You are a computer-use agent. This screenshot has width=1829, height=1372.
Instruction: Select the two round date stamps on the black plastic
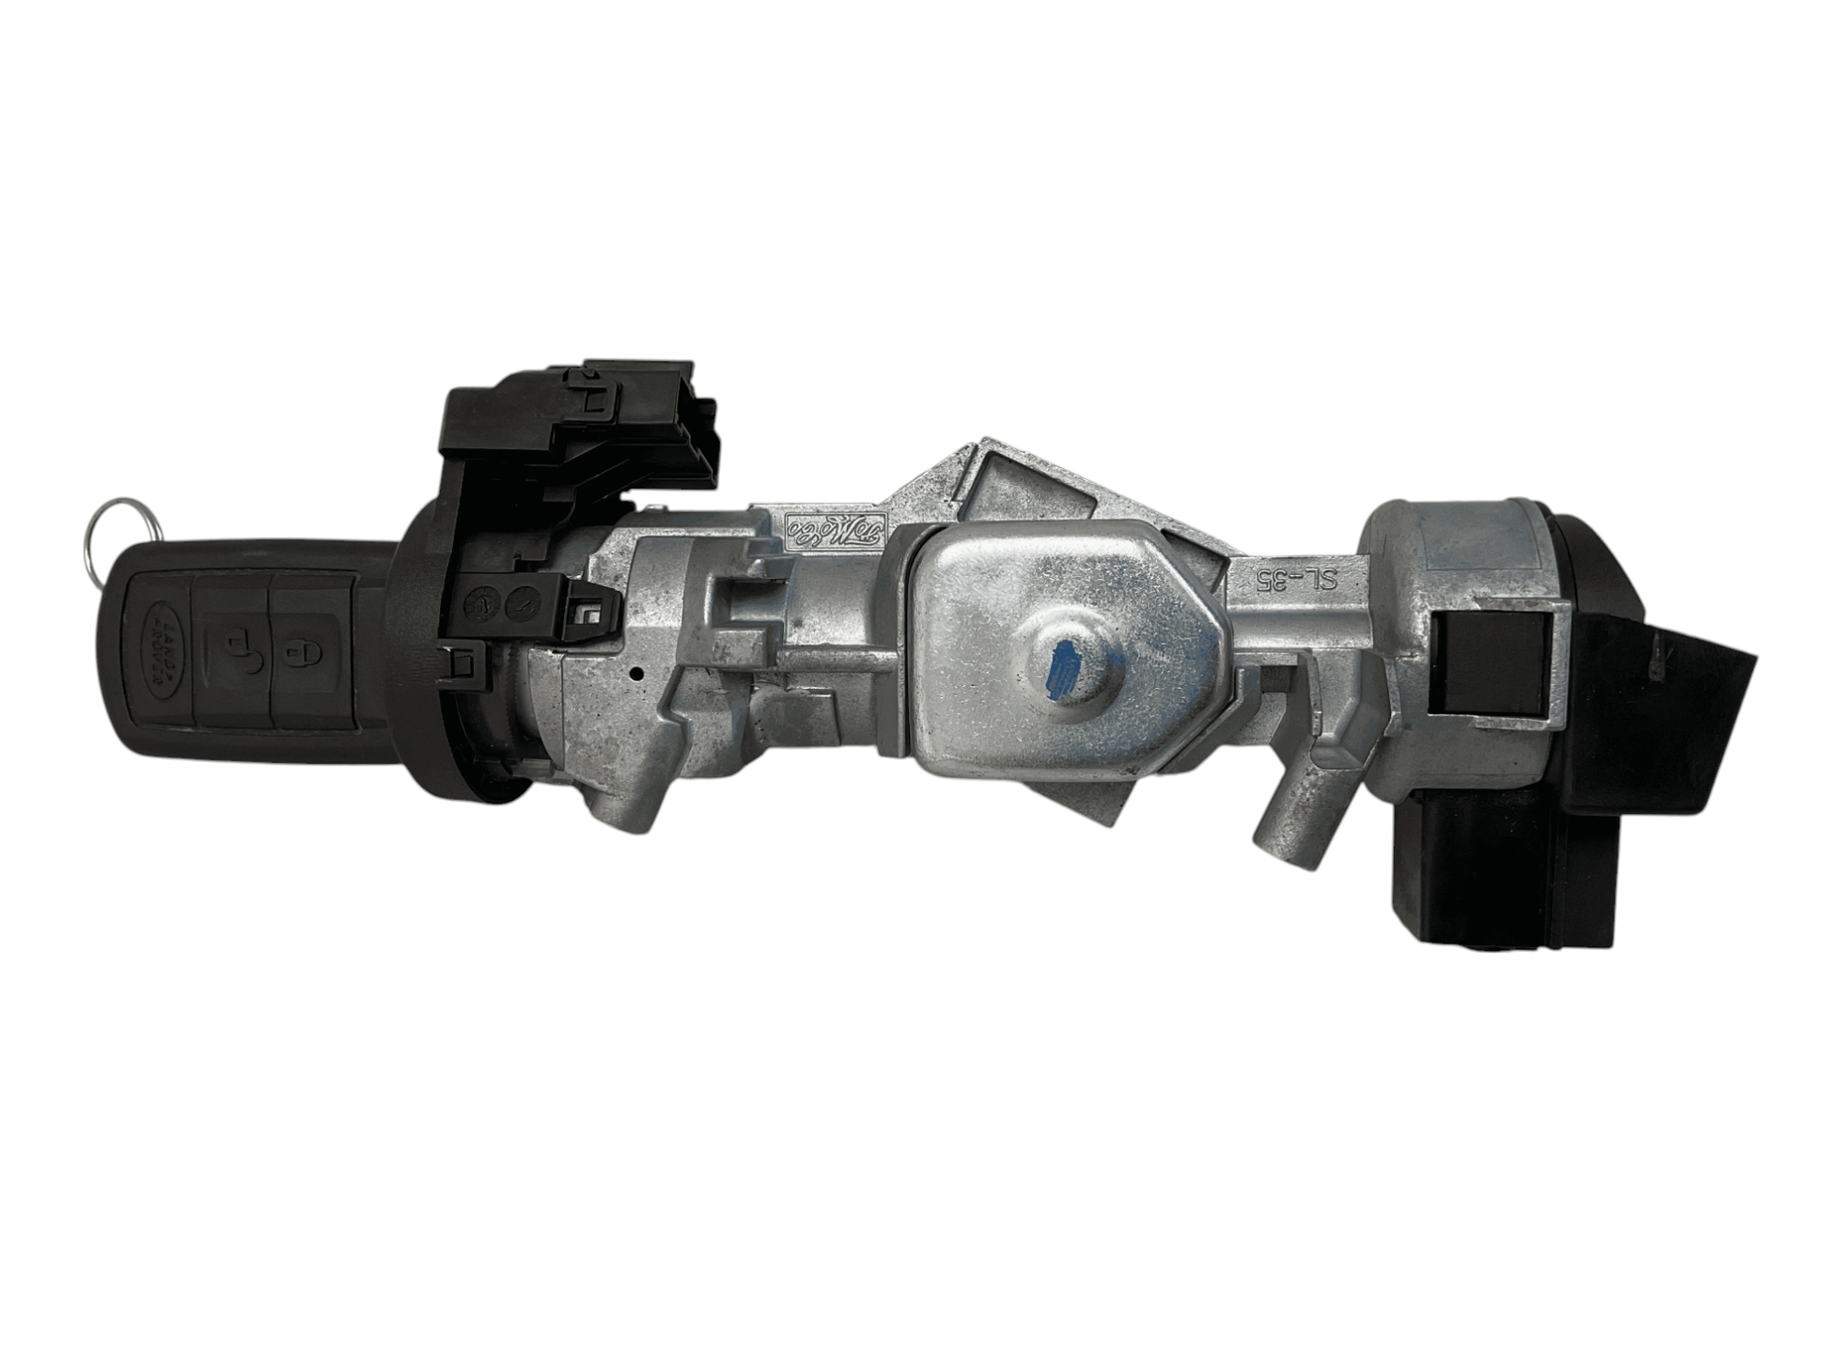(x=499, y=603)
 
